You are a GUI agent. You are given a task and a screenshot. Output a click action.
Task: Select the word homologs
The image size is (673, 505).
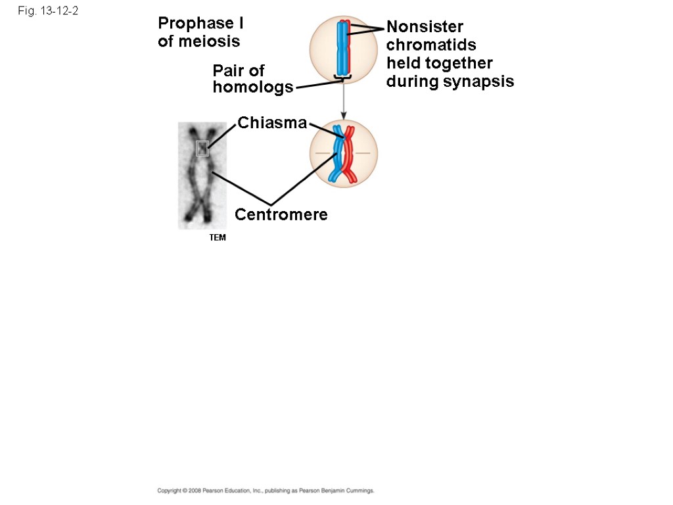253,87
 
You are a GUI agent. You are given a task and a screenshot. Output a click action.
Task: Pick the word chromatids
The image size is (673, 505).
431,45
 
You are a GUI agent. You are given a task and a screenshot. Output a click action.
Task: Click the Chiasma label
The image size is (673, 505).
271,123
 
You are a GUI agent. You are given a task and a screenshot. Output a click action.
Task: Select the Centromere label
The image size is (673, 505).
281,215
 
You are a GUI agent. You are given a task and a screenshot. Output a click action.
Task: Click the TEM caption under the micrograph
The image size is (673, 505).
218,238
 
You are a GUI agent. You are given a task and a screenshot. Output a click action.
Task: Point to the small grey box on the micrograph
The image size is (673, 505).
202,149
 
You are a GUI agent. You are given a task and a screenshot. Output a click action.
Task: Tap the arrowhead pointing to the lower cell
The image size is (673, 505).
344,116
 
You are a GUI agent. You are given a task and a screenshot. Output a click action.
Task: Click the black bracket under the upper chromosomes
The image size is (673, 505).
343,80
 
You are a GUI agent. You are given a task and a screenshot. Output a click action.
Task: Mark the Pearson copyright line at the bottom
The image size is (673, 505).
266,491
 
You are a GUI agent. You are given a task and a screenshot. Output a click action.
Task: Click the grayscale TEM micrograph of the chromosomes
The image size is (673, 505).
202,176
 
